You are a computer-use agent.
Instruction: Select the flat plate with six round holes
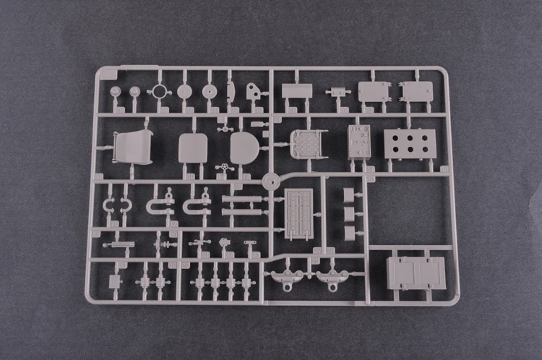tap(409, 142)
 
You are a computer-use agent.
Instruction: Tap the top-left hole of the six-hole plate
tap(396, 135)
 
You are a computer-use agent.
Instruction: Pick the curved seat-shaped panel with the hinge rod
tap(133, 147)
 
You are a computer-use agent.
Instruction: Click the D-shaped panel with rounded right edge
tap(244, 147)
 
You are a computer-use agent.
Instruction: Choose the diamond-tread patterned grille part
tap(309, 142)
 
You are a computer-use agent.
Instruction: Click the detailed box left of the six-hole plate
tap(358, 141)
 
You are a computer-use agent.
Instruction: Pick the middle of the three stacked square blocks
tap(349, 214)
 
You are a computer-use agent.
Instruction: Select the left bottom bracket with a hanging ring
tap(285, 278)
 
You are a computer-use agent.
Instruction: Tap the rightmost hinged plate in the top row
tap(416, 92)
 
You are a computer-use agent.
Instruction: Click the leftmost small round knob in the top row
tap(116, 92)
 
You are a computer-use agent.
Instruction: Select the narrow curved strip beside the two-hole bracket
tap(231, 91)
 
